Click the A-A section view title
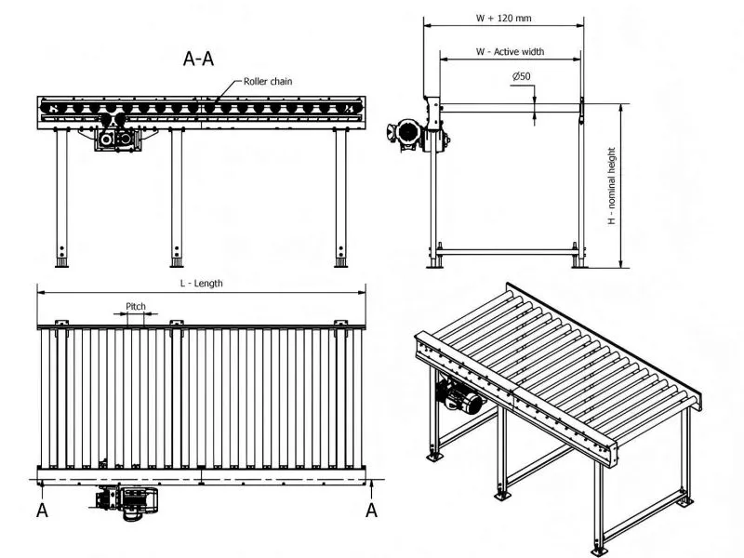[x=199, y=60]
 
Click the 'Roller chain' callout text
[x=268, y=82]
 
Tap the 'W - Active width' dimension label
[x=510, y=52]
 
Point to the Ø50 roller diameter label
[x=521, y=76]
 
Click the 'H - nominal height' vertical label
[x=611, y=186]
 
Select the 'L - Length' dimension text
[x=201, y=283]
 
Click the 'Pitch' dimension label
[x=136, y=304]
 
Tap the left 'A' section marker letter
[x=42, y=510]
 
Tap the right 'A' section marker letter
[x=371, y=510]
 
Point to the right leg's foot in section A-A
[x=341, y=262]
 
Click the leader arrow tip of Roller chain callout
[x=210, y=100]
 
